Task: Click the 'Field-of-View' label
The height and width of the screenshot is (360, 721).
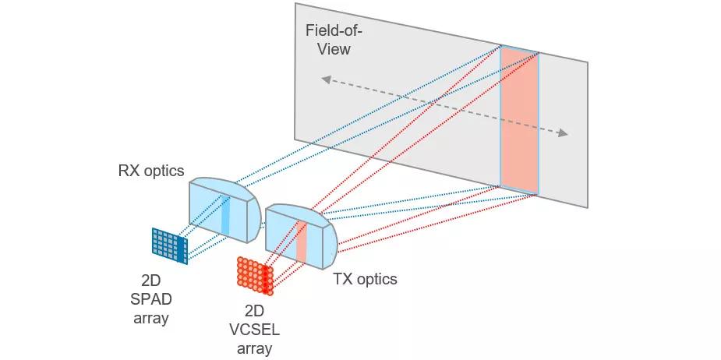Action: point(334,40)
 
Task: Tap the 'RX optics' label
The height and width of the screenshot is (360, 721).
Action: point(151,171)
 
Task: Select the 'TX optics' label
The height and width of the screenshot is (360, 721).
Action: point(365,279)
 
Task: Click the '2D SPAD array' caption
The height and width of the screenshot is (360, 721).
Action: point(151,299)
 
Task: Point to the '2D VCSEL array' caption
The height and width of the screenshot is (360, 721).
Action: point(254,329)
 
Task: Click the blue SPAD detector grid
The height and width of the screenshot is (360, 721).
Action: point(170,245)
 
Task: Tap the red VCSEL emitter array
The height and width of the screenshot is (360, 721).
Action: point(255,276)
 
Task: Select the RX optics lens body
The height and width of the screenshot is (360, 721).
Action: point(224,210)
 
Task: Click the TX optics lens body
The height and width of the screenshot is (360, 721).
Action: point(302,236)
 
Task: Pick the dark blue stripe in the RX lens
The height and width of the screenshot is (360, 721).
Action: point(225,215)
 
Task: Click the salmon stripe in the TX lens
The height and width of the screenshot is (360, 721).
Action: point(301,242)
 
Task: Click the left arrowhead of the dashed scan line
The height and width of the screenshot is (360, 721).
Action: point(326,79)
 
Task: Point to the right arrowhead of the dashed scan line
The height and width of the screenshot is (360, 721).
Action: point(563,133)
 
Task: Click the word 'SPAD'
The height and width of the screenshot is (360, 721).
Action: point(151,299)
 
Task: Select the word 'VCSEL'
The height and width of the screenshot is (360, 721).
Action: point(254,330)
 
